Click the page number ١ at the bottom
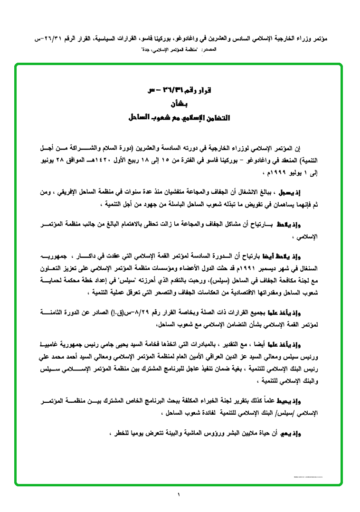pyautogui.click(x=180, y=495)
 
